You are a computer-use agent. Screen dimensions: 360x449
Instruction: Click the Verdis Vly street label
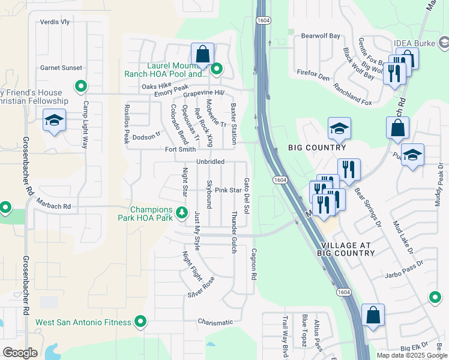[x=55, y=22]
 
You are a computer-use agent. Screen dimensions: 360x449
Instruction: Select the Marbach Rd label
[x=54, y=206]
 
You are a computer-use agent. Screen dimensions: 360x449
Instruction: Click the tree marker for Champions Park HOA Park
[x=181, y=212]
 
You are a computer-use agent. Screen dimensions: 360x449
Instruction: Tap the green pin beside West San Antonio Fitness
[x=140, y=322]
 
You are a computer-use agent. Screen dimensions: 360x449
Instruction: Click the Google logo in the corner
[x=20, y=353]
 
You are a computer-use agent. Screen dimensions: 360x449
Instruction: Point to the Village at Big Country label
[x=348, y=250]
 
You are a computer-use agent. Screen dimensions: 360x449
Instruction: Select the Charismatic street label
[x=215, y=322]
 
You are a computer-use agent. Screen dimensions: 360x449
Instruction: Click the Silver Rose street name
[x=201, y=287]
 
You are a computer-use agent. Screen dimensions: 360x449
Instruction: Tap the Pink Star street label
[x=228, y=190]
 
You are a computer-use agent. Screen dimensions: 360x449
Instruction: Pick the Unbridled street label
[x=210, y=162]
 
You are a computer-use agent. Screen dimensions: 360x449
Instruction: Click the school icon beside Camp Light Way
[x=54, y=121]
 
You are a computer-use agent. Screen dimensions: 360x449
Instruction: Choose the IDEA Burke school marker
[x=443, y=43]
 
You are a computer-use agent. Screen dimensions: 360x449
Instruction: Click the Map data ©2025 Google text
[x=411, y=355]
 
